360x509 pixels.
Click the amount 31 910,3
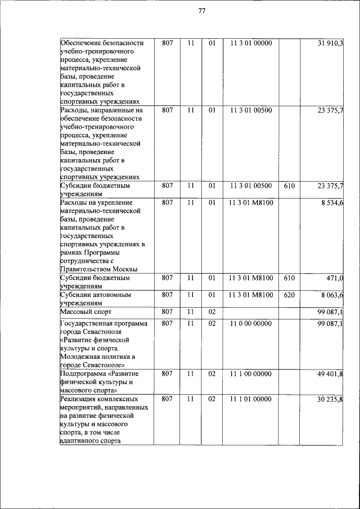coord(330,43)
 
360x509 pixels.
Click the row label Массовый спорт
coord(86,312)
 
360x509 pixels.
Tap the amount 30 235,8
coord(331,399)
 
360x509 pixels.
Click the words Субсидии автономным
coord(95,295)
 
